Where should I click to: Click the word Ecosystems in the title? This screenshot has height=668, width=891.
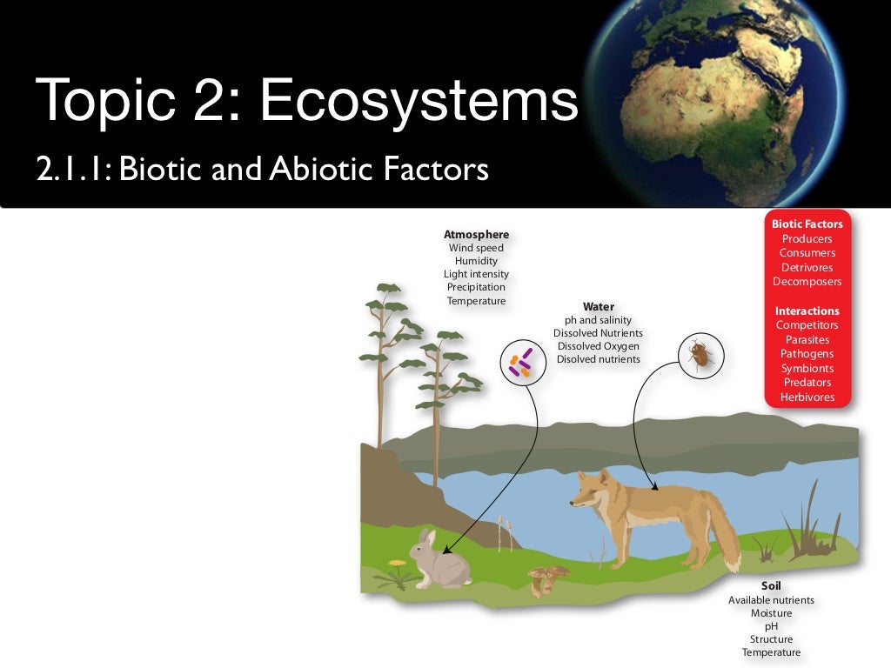pyautogui.click(x=419, y=101)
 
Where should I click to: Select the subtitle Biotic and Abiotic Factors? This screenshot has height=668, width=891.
pyautogui.click(x=261, y=169)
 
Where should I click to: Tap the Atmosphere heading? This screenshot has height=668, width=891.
pyautogui.click(x=476, y=234)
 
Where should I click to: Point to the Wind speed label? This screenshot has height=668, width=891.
pyautogui.click(x=476, y=248)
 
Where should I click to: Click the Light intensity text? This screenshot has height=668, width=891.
pyautogui.click(x=476, y=274)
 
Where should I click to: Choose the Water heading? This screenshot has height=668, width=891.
pyautogui.click(x=598, y=306)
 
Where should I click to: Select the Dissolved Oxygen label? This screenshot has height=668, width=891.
pyautogui.click(x=598, y=346)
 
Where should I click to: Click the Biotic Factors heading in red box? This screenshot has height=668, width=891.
pyautogui.click(x=807, y=224)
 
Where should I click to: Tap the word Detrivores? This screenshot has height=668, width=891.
pyautogui.click(x=807, y=267)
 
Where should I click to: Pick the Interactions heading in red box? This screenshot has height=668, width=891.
pyautogui.click(x=807, y=311)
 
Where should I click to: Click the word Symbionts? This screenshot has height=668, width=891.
pyautogui.click(x=807, y=368)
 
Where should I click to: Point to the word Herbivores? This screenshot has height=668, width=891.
pyautogui.click(x=807, y=397)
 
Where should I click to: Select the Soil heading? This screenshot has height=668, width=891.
pyautogui.click(x=771, y=585)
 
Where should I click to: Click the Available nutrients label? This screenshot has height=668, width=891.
pyautogui.click(x=771, y=600)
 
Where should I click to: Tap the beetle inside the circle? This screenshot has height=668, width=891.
pyautogui.click(x=698, y=354)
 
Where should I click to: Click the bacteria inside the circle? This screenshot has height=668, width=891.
pyautogui.click(x=521, y=362)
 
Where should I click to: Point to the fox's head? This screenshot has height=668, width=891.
pyautogui.click(x=588, y=491)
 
